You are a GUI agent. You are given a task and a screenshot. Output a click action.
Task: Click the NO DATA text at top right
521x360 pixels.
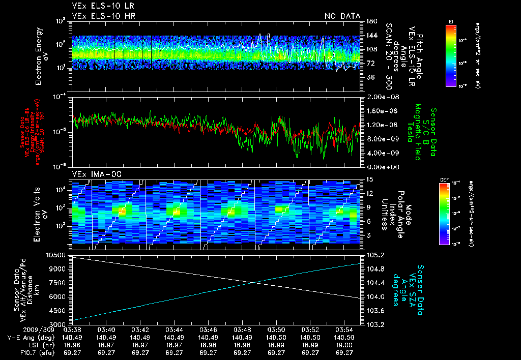coord(342,16)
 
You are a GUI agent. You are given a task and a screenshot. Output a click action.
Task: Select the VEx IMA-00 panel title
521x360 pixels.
coord(93,174)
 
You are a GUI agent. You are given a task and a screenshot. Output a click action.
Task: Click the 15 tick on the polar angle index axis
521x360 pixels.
coord(369,179)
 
